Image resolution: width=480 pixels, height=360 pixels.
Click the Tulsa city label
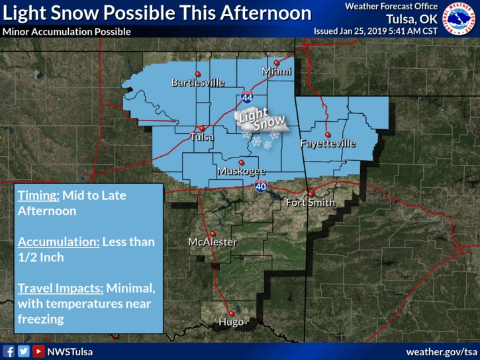[202, 137]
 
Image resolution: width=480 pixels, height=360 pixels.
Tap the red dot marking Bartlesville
[197, 73]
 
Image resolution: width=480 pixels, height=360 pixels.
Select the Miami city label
[276, 71]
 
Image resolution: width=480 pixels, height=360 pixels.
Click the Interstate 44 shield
[246, 97]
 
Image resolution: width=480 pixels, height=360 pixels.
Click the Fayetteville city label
[328, 144]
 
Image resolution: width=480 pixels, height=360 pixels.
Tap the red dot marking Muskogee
[242, 162]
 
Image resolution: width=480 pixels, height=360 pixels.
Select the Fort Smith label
[310, 202]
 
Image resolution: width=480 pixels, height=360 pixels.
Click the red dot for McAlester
[213, 234]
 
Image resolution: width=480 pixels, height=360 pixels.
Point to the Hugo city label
[230, 323]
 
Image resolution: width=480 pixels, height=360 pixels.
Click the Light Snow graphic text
[262, 122]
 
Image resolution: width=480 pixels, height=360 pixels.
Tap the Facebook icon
[9, 351]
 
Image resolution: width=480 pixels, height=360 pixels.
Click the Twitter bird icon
[24, 351]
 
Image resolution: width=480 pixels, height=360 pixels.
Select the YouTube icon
[38, 351]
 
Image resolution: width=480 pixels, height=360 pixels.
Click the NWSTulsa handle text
[70, 351]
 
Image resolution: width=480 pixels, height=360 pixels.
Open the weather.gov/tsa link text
[441, 351]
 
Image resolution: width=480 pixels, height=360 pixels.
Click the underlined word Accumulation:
[58, 242]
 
